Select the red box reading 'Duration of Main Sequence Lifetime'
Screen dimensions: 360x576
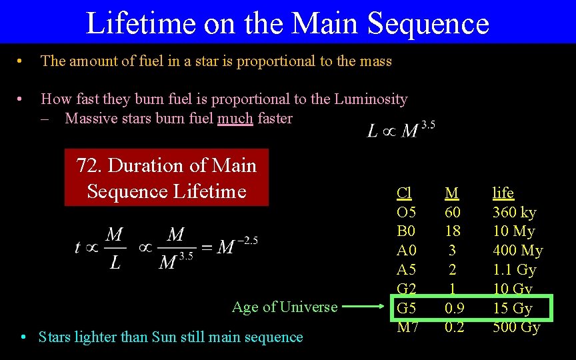pyautogui.click(x=167, y=178)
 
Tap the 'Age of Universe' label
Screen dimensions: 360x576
pyautogui.click(x=285, y=307)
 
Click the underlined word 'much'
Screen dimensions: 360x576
pyautogui.click(x=235, y=119)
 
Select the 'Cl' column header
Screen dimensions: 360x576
pyautogui.click(x=404, y=193)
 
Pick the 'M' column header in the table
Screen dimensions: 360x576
pyautogui.click(x=451, y=193)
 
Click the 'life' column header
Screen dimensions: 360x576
pyautogui.click(x=503, y=193)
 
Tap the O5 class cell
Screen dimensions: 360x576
pyautogui.click(x=406, y=212)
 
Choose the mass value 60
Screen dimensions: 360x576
pyautogui.click(x=452, y=212)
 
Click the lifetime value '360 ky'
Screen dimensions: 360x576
pyautogui.click(x=514, y=212)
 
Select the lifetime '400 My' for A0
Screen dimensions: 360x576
pyautogui.click(x=517, y=251)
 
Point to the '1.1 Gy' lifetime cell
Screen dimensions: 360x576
pyautogui.click(x=514, y=270)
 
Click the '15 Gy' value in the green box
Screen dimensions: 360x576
pyautogui.click(x=512, y=308)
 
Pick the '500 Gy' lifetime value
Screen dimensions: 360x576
pyautogui.click(x=516, y=327)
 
